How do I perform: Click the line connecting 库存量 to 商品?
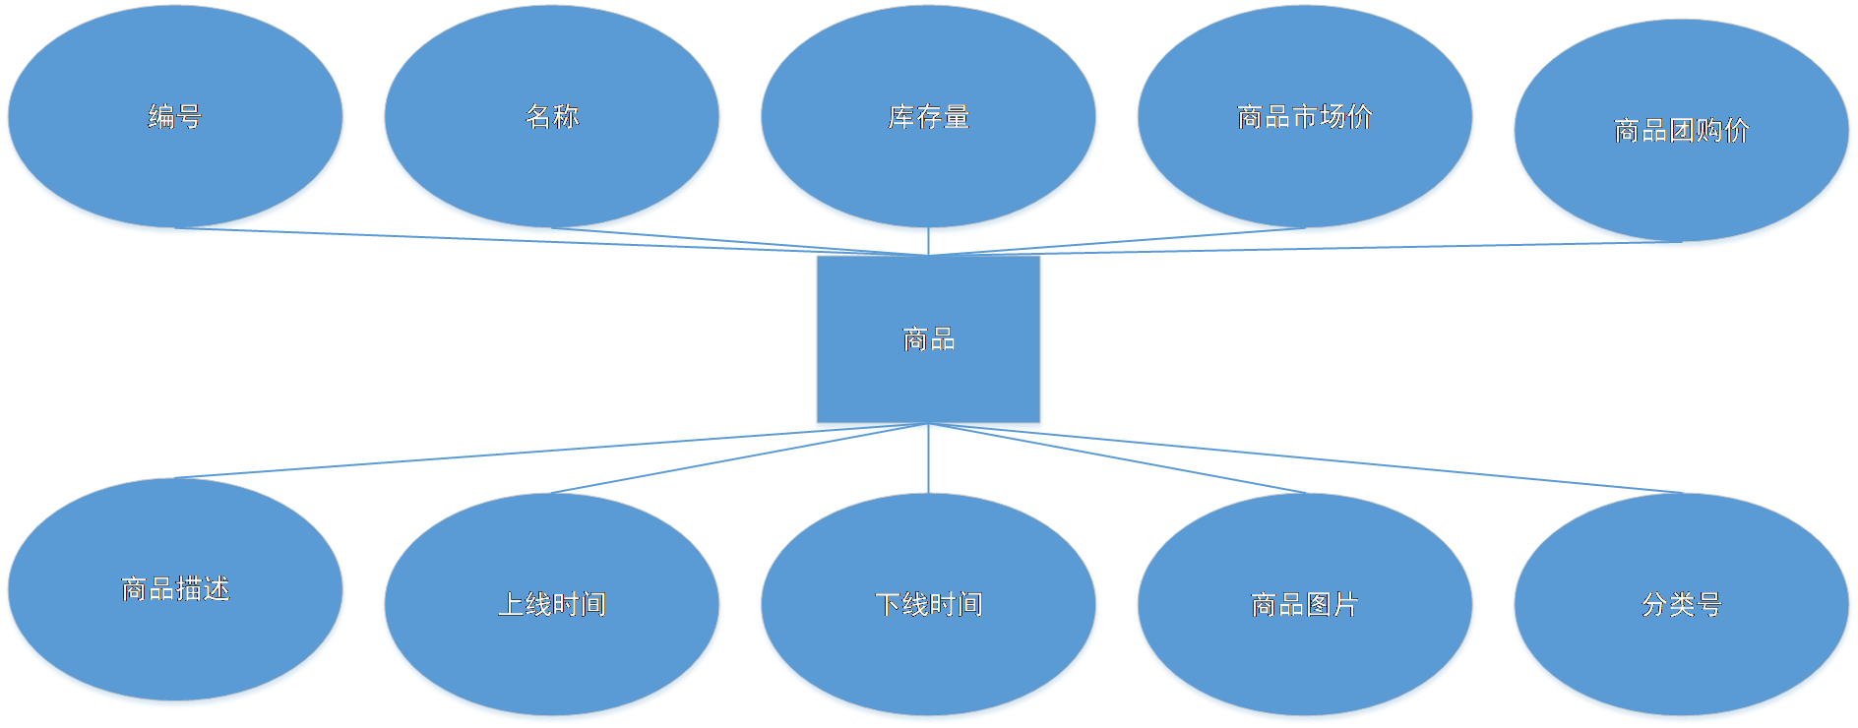tap(928, 244)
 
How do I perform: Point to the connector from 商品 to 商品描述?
tap(492, 455)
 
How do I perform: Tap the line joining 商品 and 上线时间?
tap(718, 461)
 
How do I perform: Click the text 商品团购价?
tap(1682, 131)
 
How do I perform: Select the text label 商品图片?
tap(1305, 604)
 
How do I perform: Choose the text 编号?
tap(175, 117)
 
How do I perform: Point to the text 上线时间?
tap(552, 604)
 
